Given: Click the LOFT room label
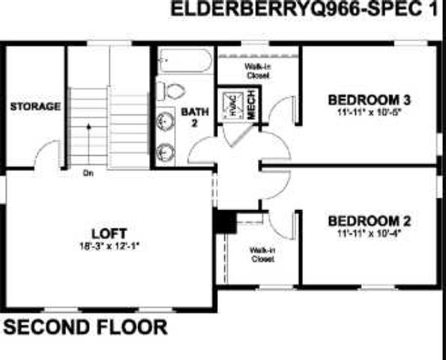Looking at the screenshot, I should tap(109, 232).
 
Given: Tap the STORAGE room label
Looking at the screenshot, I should tap(35, 107).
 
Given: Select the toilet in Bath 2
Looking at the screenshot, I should tap(174, 91).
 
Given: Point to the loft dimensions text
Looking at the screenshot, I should tap(109, 245).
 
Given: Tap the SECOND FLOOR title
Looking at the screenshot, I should tap(85, 328).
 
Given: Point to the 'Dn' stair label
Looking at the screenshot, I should tap(88, 173).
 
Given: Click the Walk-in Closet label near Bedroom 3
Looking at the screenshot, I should tap(258, 70).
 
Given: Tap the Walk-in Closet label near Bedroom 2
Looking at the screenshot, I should tap(262, 254).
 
